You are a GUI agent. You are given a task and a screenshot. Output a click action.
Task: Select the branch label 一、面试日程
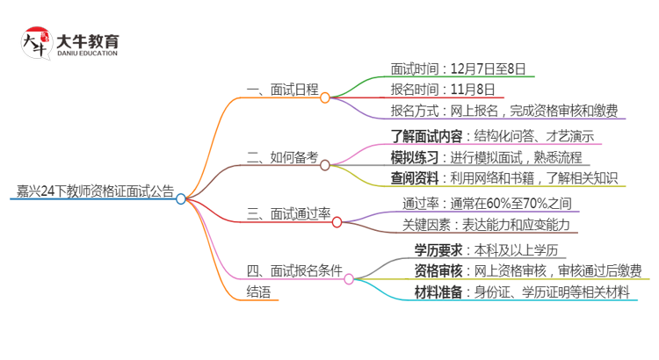(283, 90)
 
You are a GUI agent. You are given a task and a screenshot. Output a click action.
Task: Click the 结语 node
(259, 292)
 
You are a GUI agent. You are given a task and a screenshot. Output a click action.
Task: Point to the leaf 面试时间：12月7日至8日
(462, 68)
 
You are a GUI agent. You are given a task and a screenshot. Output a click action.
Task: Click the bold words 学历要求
(439, 249)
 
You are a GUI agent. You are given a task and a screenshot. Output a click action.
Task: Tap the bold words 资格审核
(439, 270)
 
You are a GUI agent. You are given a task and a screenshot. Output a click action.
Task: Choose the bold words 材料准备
(439, 292)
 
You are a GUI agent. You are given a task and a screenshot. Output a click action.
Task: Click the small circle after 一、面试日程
(325, 97)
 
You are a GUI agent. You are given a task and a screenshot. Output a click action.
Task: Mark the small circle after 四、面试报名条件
(349, 279)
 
